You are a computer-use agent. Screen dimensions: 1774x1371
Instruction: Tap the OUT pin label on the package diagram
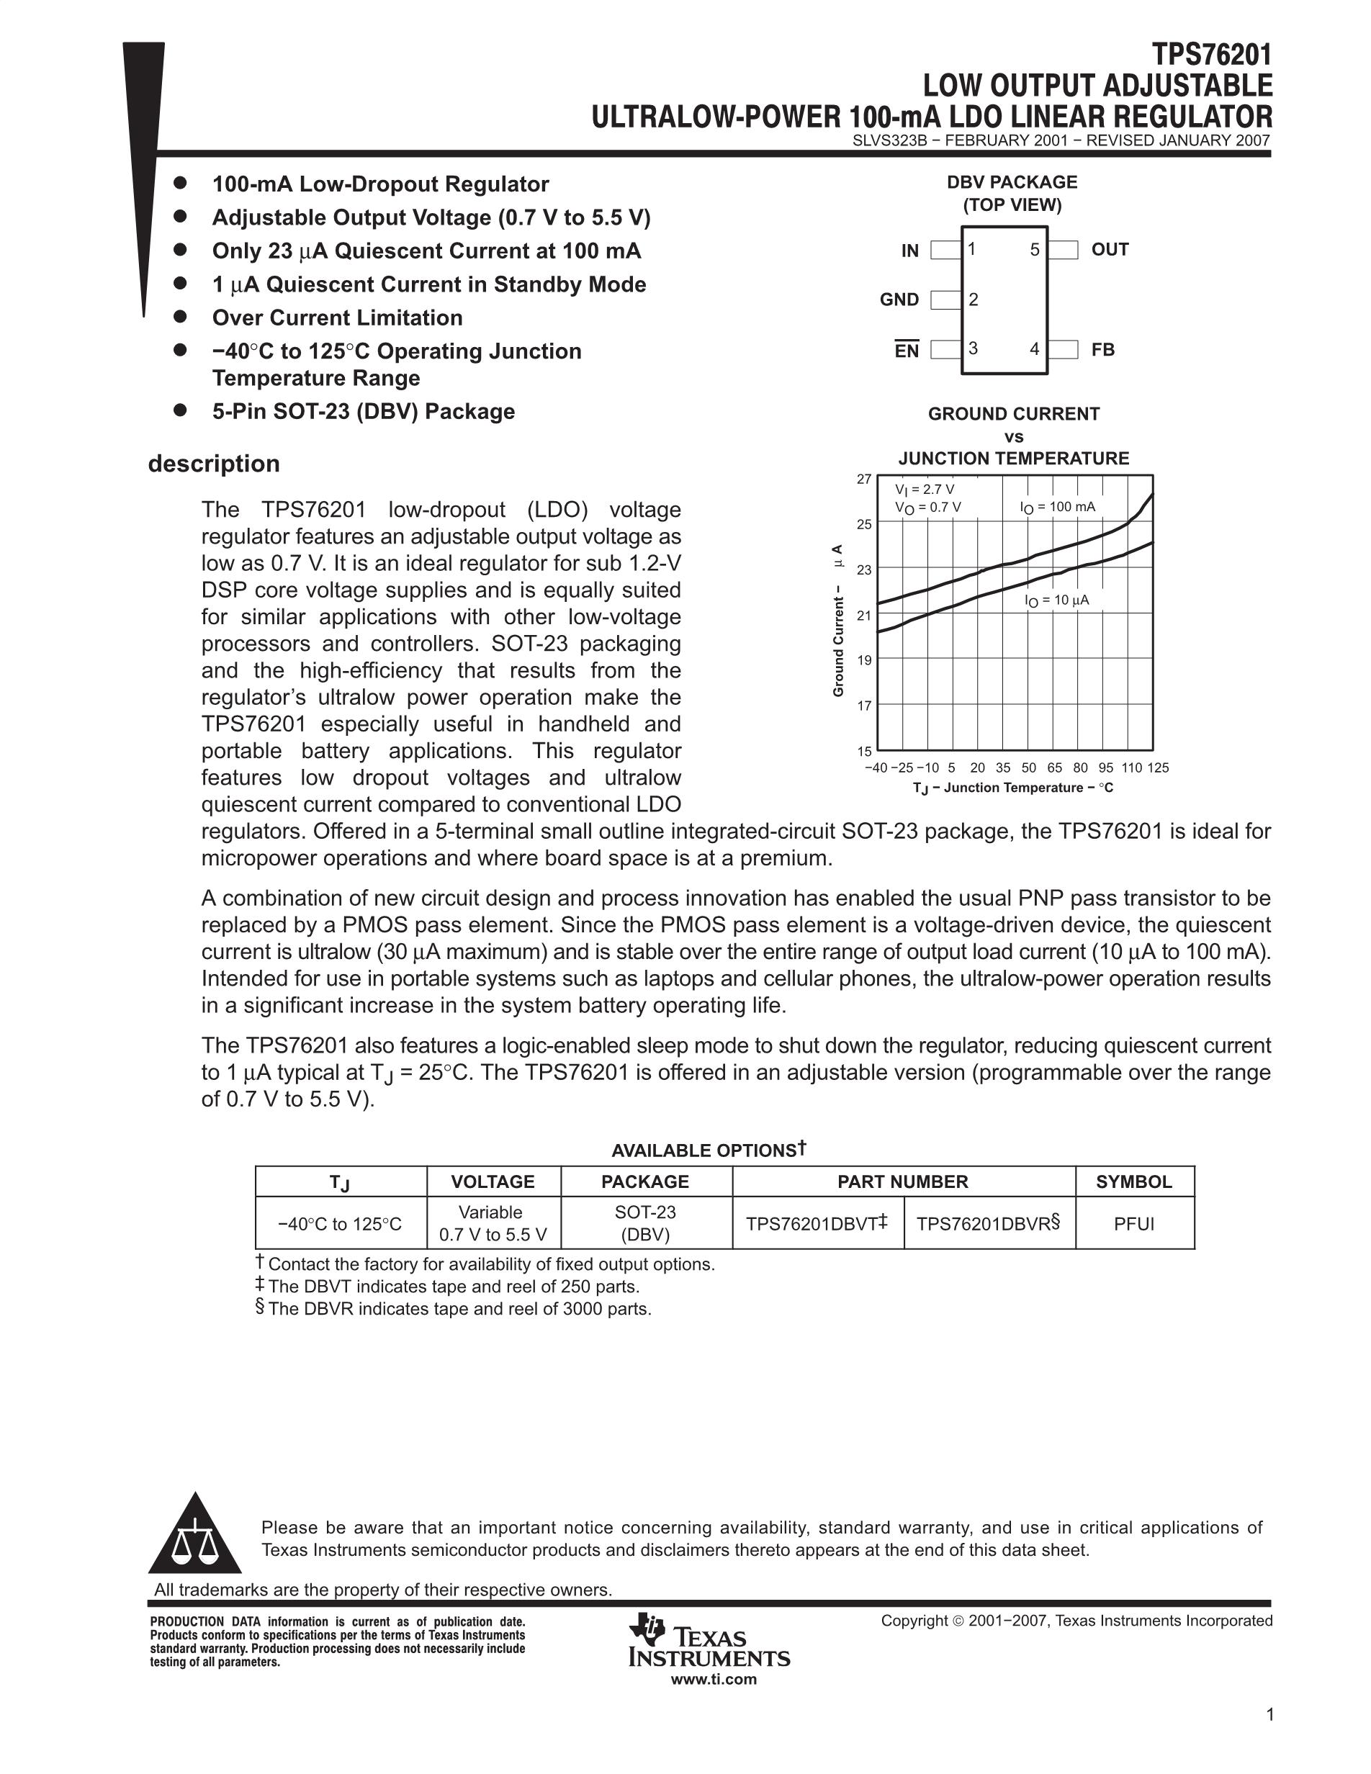pyautogui.click(x=1110, y=249)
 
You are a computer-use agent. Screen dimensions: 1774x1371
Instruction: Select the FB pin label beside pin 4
pyautogui.click(x=1102, y=350)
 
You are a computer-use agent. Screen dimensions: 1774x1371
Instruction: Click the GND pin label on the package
pyautogui.click(x=899, y=300)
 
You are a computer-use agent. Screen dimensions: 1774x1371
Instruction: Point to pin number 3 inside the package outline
pyautogui.click(x=973, y=348)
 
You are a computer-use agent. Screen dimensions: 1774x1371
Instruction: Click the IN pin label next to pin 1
pyautogui.click(x=909, y=251)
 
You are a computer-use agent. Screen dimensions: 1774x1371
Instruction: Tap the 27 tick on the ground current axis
pyautogui.click(x=863, y=479)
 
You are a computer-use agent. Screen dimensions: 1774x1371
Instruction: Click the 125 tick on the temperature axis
pyautogui.click(x=1158, y=767)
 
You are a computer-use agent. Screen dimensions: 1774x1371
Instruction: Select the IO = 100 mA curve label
pyautogui.click(x=1058, y=508)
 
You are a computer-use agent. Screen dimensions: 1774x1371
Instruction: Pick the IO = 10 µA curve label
pyautogui.click(x=1056, y=600)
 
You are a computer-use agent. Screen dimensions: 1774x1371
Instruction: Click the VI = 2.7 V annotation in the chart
pyautogui.click(x=925, y=489)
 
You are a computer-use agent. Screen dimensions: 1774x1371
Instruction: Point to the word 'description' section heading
pyautogui.click(x=214, y=464)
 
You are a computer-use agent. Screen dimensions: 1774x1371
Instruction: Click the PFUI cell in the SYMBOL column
pyautogui.click(x=1134, y=1224)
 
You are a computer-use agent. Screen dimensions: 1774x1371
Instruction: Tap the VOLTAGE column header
pyautogui.click(x=493, y=1182)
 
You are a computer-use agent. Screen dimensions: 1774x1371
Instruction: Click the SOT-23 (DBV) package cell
pyautogui.click(x=646, y=1223)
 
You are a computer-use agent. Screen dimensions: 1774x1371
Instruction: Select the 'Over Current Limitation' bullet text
pyautogui.click(x=337, y=318)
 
